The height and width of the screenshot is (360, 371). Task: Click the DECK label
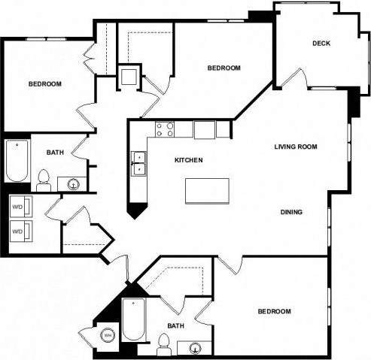pyautogui.click(x=321, y=43)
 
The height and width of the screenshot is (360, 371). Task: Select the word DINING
pyautogui.click(x=291, y=212)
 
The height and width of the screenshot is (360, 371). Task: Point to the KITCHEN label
pyautogui.click(x=188, y=160)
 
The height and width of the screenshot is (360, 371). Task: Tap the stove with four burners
pyautogui.click(x=164, y=129)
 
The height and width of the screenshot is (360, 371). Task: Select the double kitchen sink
pyautogui.click(x=139, y=163)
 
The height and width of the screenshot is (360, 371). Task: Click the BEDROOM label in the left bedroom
pyautogui.click(x=44, y=83)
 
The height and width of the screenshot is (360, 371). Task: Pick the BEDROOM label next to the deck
pyautogui.click(x=224, y=68)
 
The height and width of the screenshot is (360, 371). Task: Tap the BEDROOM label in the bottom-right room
pyautogui.click(x=274, y=311)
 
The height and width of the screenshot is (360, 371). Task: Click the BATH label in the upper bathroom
pyautogui.click(x=55, y=153)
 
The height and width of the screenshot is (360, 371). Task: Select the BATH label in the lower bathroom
pyautogui.click(x=175, y=325)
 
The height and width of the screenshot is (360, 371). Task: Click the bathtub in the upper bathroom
pyautogui.click(x=17, y=161)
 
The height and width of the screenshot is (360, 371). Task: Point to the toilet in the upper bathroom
pyautogui.click(x=44, y=179)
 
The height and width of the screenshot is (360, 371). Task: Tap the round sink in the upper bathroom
pyautogui.click(x=73, y=183)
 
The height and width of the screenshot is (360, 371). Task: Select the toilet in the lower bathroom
pyautogui.click(x=163, y=345)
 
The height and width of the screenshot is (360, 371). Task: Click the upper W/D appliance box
pyautogui.click(x=20, y=205)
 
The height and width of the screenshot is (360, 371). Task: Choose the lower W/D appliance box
pyautogui.click(x=20, y=231)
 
